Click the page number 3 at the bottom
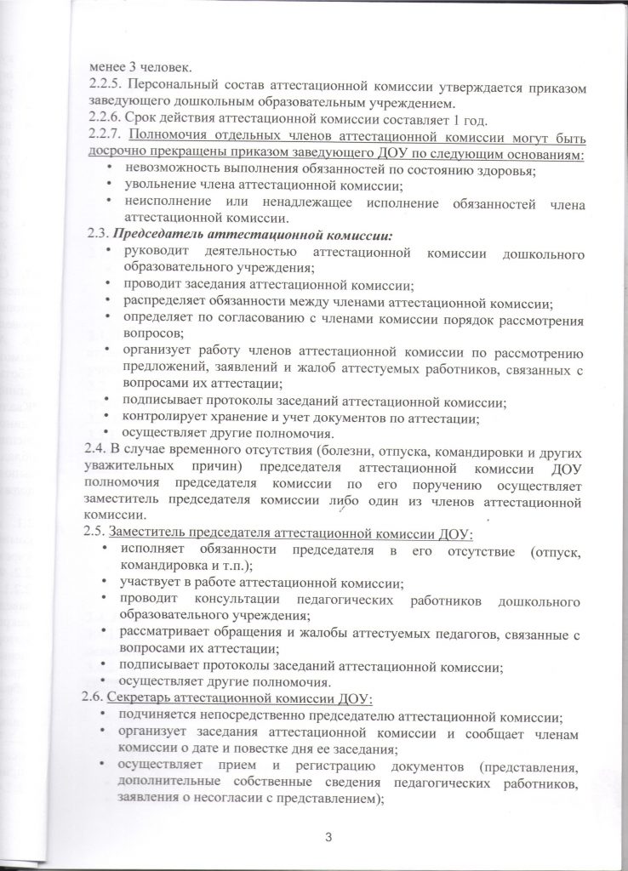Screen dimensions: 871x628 click(328, 837)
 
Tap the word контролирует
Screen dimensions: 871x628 click(171, 418)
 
